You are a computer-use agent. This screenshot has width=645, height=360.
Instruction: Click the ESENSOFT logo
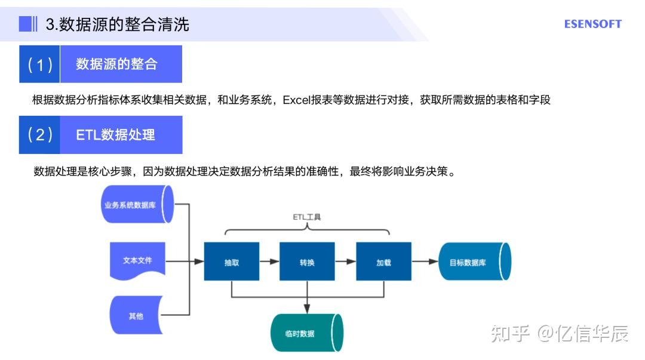(x=592, y=24)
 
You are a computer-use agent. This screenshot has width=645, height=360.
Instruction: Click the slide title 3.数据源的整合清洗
(x=117, y=24)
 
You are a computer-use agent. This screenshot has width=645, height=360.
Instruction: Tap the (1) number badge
(x=39, y=64)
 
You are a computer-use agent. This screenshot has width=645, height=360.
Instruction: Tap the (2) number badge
(x=39, y=135)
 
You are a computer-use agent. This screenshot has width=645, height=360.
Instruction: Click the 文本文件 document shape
(x=137, y=261)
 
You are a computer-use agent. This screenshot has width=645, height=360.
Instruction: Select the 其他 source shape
(x=136, y=316)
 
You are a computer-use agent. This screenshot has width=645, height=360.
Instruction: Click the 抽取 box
(x=231, y=261)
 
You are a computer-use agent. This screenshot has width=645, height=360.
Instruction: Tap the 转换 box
(x=307, y=261)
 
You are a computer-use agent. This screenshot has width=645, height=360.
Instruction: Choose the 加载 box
(x=383, y=261)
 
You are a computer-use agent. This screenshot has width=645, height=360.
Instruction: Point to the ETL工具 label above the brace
(x=306, y=217)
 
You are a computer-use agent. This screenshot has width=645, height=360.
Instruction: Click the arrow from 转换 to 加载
(x=345, y=261)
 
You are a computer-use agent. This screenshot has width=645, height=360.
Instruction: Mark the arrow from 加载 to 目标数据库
(x=425, y=261)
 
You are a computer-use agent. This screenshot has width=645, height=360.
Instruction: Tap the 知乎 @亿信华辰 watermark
(x=559, y=334)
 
